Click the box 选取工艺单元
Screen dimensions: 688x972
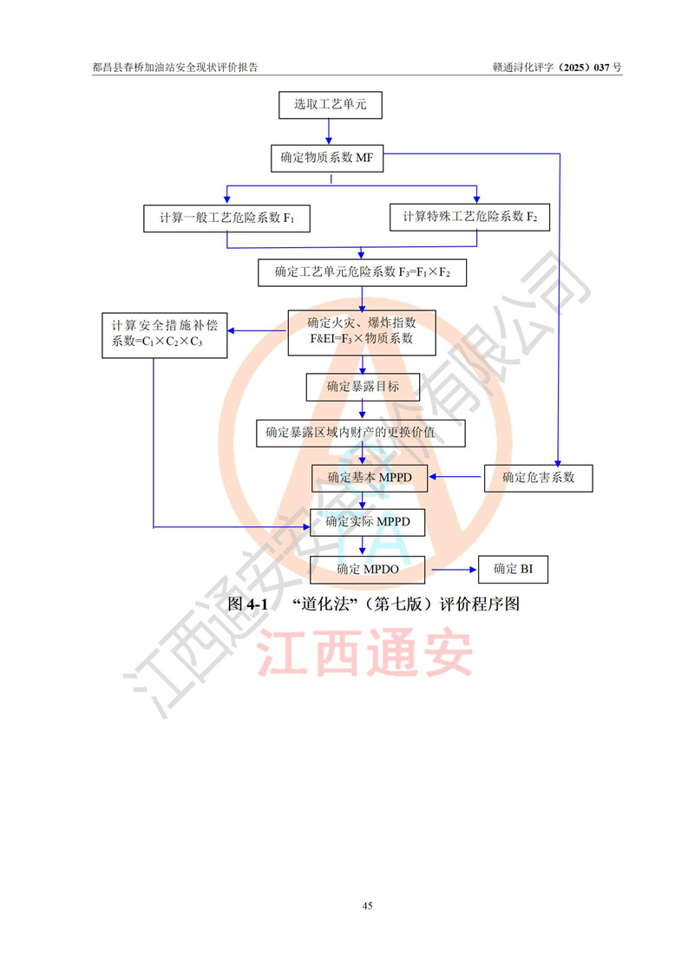pos(330,105)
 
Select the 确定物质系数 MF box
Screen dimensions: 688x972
pos(327,158)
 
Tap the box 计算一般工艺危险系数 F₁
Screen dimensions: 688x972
pos(226,219)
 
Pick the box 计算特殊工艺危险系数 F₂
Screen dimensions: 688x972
pos(469,217)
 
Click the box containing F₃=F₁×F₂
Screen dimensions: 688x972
pos(363,272)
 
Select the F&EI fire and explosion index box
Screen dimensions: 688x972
pos(362,332)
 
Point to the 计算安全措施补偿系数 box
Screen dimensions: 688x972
pos(164,336)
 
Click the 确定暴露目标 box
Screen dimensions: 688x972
pos(363,387)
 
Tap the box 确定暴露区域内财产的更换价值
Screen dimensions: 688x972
pos(360,433)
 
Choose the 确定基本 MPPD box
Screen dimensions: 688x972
pos(369,478)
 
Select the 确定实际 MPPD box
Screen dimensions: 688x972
pos(367,522)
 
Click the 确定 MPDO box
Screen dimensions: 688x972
pos(367,569)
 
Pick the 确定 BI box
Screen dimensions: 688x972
pos(513,569)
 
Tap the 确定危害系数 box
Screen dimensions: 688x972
pos(539,478)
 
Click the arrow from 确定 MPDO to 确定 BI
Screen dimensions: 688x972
pos(454,570)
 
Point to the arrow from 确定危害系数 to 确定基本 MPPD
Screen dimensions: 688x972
pos(455,477)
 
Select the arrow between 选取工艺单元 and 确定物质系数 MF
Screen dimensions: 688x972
pos(329,132)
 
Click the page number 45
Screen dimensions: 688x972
pos(367,906)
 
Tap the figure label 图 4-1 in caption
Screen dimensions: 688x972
pos(247,603)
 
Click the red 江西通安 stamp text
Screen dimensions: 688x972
pos(364,654)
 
